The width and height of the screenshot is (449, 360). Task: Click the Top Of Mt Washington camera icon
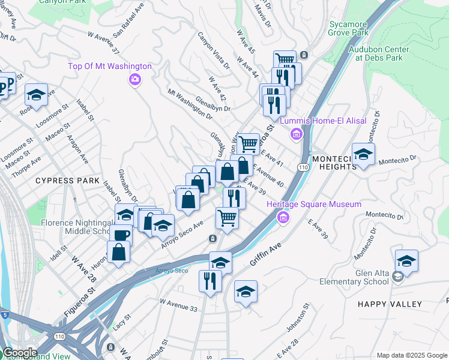tap(134, 79)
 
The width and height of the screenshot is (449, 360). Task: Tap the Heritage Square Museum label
tap(322, 205)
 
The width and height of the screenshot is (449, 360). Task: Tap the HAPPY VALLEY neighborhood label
tap(390, 304)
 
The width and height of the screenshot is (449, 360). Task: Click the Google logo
tap(20, 352)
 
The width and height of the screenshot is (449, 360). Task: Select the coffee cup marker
tap(121, 235)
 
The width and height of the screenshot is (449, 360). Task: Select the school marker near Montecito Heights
tap(363, 154)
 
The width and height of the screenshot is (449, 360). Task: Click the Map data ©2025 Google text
tap(412, 355)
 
